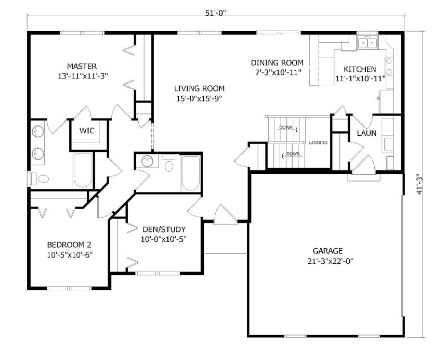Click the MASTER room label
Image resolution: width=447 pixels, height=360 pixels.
pyautogui.click(x=82, y=67)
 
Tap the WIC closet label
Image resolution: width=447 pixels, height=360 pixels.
pyautogui.click(x=87, y=131)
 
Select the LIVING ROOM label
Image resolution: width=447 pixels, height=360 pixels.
pyautogui.click(x=199, y=88)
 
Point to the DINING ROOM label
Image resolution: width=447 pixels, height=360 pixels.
pyautogui.click(x=277, y=63)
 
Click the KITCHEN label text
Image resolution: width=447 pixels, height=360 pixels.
pyautogui.click(x=360, y=69)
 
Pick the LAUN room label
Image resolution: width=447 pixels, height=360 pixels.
pyautogui.click(x=366, y=133)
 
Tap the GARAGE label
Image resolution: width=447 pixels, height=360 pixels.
pyautogui.click(x=327, y=251)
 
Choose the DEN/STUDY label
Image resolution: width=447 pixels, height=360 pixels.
pyautogui.click(x=164, y=229)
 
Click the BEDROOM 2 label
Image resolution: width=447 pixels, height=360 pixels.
pyautogui.click(x=69, y=245)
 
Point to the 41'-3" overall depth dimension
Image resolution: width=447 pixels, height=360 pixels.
pyautogui.click(x=419, y=184)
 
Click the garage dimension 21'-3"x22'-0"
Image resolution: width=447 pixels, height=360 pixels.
pyautogui.click(x=331, y=261)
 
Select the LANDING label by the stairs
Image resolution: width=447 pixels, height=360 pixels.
pyautogui.click(x=318, y=143)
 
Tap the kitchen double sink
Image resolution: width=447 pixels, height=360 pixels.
pyautogui.click(x=367, y=43)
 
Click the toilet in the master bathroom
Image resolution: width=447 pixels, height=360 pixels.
pyautogui.click(x=40, y=178)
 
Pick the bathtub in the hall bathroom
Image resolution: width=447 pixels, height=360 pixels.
pyautogui.click(x=191, y=173)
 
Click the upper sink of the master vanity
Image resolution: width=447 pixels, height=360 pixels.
pyautogui.click(x=37, y=132)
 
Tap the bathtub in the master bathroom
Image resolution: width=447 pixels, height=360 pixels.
pyautogui.click(x=83, y=170)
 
